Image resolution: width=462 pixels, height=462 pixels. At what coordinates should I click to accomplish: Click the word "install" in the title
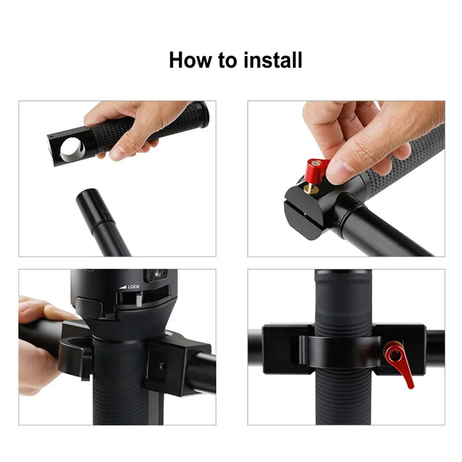[273, 60]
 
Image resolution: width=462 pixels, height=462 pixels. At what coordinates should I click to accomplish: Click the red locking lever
[399, 364]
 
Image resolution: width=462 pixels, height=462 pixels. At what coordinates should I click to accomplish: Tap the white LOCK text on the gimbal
[134, 287]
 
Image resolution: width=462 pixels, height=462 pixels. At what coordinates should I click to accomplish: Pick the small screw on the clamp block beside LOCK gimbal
[162, 366]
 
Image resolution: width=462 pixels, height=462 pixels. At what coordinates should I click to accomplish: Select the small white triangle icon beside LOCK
[123, 287]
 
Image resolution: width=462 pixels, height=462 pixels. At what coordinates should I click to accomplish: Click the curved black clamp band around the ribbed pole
[339, 351]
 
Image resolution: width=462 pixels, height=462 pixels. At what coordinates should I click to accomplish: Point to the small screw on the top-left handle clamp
[52, 136]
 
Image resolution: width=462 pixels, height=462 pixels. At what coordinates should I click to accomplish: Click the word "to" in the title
[227, 61]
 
